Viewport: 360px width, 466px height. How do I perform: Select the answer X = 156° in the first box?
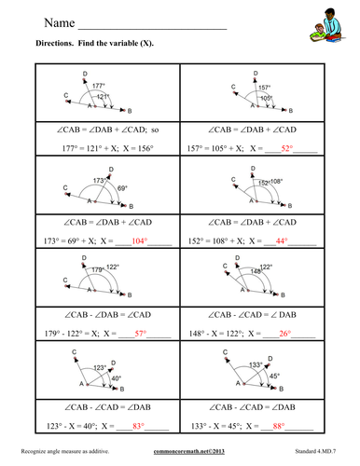click(139, 147)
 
